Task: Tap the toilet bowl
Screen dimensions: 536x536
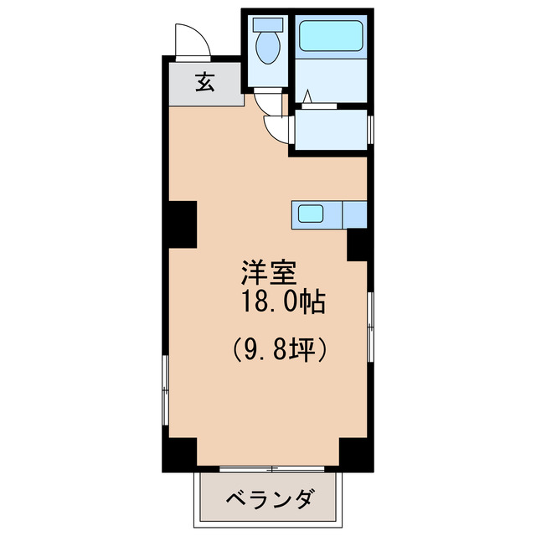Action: click(269, 48)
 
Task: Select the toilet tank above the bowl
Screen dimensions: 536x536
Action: click(269, 23)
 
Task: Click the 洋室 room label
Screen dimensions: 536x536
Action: click(268, 273)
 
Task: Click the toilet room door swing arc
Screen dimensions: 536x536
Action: click(270, 102)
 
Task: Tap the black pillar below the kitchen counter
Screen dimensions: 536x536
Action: click(358, 245)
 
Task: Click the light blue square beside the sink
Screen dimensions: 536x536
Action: click(354, 214)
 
